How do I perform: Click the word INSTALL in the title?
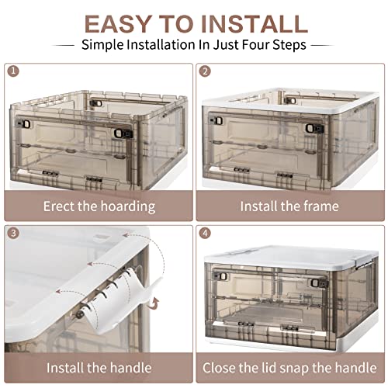[x=255, y=23]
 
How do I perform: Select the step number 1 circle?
[x=13, y=72]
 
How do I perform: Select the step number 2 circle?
[x=206, y=72]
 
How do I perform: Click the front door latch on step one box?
[x=119, y=133]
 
